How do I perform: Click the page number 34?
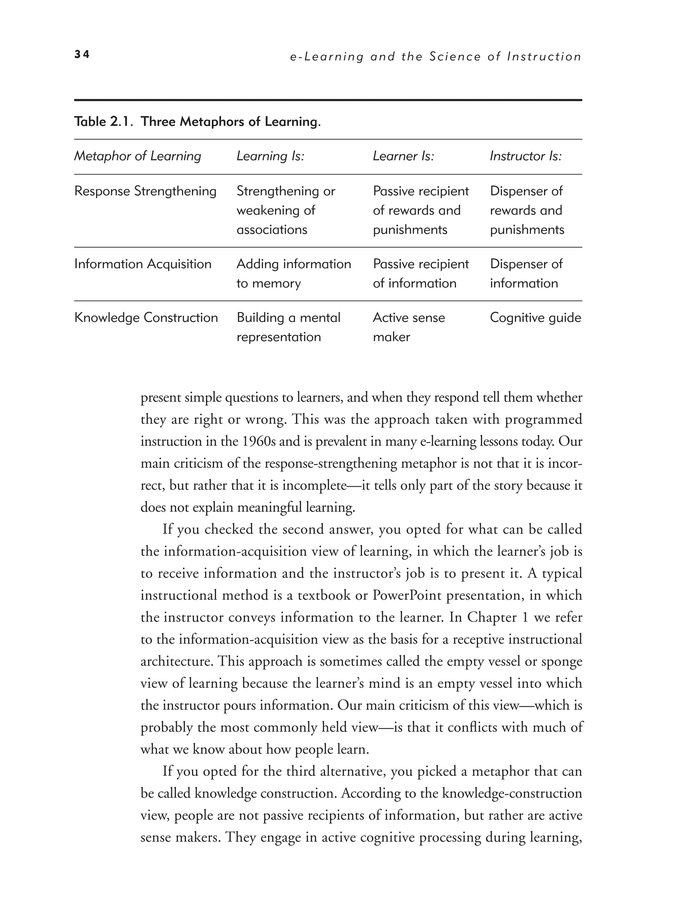point(82,54)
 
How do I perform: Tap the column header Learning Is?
point(270,156)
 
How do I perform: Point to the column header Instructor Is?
point(526,156)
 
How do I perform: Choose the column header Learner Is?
point(403,156)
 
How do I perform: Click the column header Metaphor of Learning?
point(137,156)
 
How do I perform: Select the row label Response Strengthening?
point(145,191)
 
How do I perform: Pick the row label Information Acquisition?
point(143,264)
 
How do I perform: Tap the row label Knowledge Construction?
point(146,318)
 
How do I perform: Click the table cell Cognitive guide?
point(535,318)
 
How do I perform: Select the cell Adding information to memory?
point(293,273)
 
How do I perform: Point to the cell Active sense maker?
point(408,327)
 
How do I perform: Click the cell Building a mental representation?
point(288,327)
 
